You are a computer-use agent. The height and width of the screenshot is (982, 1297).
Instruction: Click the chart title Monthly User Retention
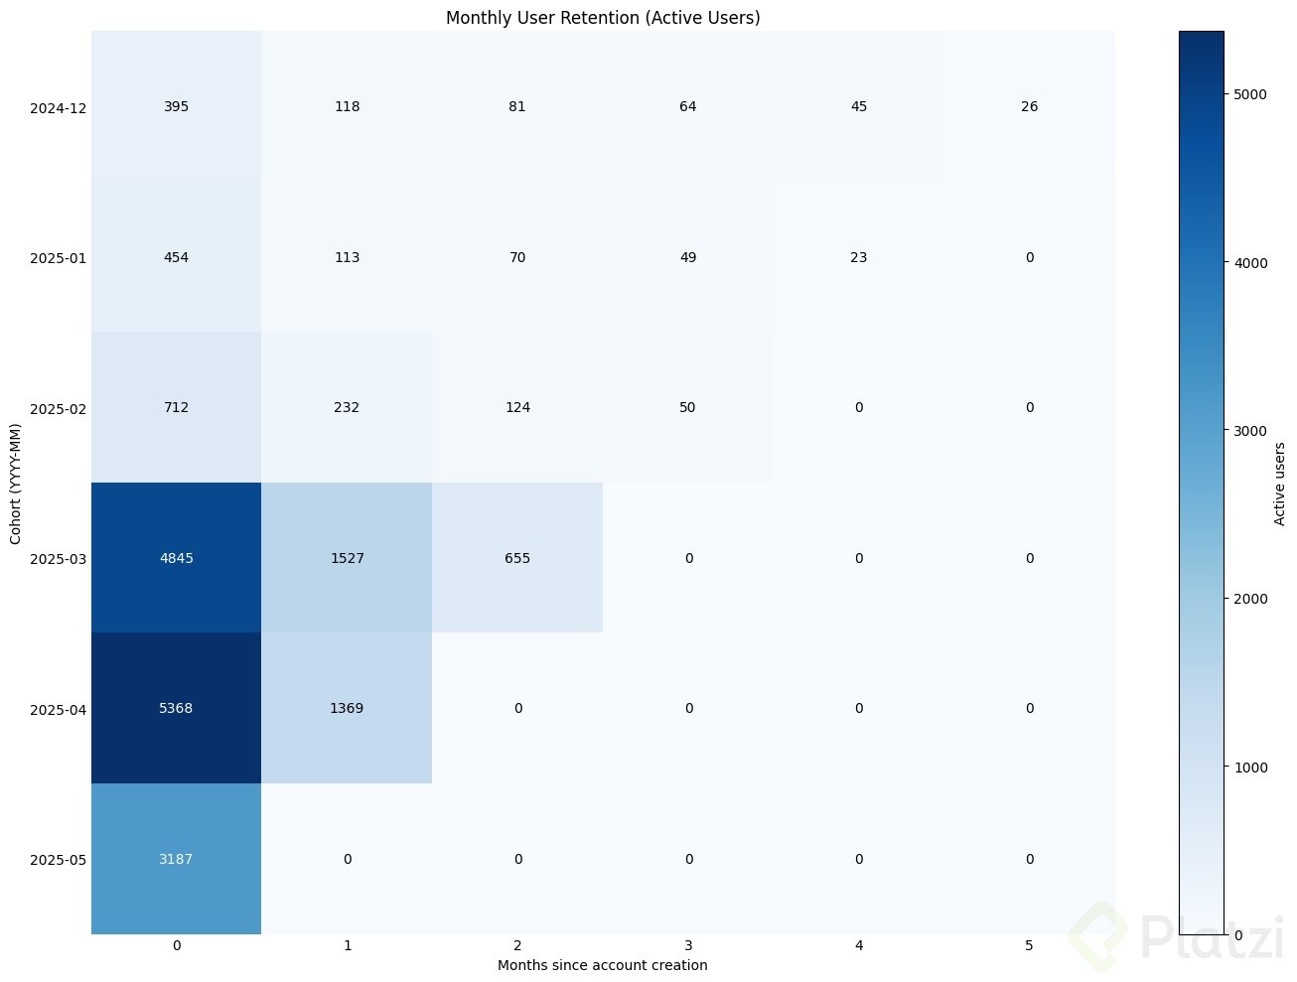click(603, 18)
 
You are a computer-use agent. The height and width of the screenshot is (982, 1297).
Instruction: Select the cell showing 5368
click(177, 708)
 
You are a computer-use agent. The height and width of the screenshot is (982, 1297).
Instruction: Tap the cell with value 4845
click(177, 558)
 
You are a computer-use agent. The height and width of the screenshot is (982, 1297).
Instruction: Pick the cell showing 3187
click(177, 859)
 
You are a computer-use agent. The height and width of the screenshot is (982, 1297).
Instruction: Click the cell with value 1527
click(348, 558)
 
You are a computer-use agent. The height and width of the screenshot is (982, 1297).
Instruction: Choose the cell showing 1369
click(348, 708)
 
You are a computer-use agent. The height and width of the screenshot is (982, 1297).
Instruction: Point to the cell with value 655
click(517, 558)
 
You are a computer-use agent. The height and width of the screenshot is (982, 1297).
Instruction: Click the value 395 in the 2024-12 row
click(177, 106)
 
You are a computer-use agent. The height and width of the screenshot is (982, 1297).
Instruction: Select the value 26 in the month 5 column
click(1029, 106)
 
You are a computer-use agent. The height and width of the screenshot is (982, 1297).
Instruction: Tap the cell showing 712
click(177, 407)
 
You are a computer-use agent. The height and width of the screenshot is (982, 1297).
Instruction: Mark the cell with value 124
click(517, 407)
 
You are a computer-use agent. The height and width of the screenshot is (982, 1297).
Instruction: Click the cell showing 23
click(858, 257)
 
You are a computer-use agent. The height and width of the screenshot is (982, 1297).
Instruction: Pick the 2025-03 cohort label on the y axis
click(58, 559)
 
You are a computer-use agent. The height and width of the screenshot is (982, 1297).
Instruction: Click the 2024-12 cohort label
click(58, 107)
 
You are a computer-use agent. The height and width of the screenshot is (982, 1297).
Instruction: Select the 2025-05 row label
click(58, 860)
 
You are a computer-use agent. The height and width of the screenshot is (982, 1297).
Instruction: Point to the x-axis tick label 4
click(858, 946)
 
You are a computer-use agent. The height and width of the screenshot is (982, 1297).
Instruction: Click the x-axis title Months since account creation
click(602, 965)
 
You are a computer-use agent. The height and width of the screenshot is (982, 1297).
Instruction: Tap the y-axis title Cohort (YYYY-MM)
click(16, 482)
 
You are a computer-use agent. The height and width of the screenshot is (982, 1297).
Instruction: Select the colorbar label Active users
click(1279, 483)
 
